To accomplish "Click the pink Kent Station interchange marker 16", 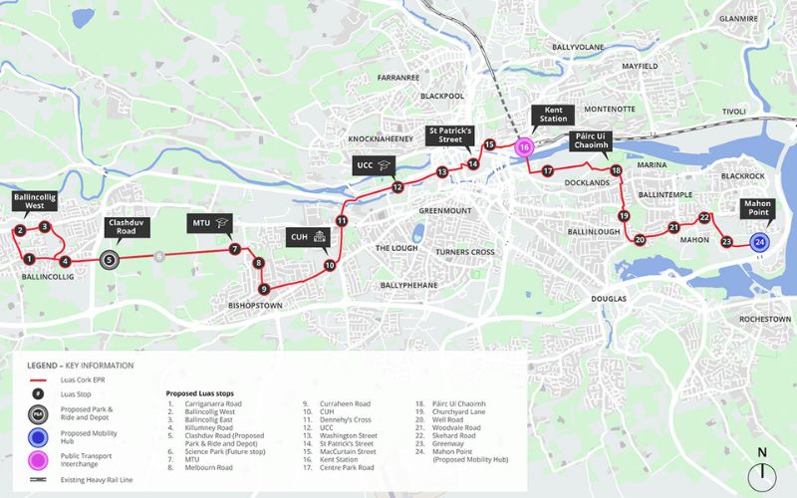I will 525,146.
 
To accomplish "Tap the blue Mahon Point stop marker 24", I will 760,242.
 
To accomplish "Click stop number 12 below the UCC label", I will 397,187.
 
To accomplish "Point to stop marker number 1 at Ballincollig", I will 29,260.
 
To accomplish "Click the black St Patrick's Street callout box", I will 451,136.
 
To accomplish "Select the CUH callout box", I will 307,236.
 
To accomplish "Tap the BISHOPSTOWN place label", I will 258,306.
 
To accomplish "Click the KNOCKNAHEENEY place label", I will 382,139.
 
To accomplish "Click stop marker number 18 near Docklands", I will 616,170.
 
